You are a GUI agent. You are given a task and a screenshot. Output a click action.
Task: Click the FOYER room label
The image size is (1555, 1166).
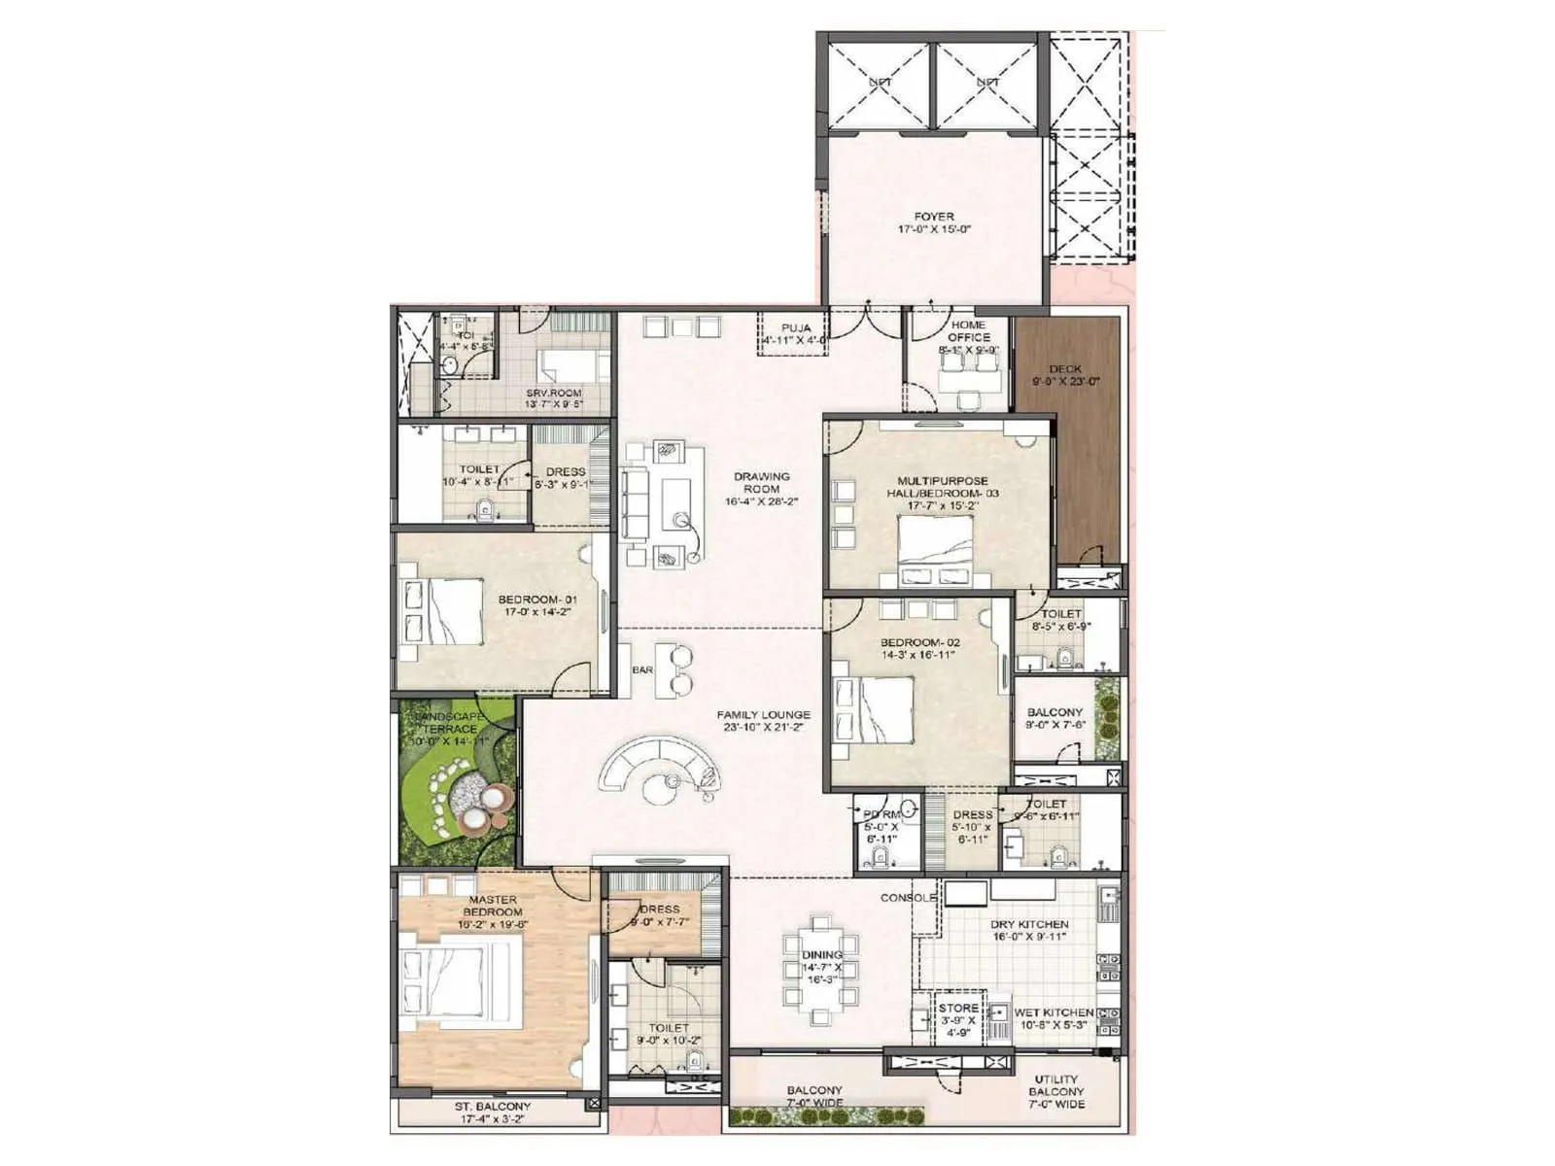[x=934, y=217]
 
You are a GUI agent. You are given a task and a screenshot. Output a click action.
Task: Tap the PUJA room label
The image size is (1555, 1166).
[x=796, y=328]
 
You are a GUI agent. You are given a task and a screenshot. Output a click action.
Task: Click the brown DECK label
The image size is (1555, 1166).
[x=1065, y=369]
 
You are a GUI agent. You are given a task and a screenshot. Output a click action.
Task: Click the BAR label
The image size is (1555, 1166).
[x=642, y=670]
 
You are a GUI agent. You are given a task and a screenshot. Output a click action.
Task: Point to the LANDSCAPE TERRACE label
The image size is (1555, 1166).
[x=451, y=722]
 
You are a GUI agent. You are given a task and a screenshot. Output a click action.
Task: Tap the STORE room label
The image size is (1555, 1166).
[x=958, y=1009]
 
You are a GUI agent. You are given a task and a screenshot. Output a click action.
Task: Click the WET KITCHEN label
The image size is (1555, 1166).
[x=1054, y=1012]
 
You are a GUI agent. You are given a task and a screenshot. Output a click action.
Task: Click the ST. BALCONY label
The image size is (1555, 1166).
[x=493, y=1107]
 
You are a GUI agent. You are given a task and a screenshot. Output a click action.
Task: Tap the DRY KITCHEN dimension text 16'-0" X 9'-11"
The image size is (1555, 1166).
[x=1029, y=938]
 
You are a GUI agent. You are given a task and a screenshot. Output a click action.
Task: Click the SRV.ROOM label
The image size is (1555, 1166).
[x=553, y=394]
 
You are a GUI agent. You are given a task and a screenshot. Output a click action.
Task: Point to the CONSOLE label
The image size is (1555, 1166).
[x=909, y=898]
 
